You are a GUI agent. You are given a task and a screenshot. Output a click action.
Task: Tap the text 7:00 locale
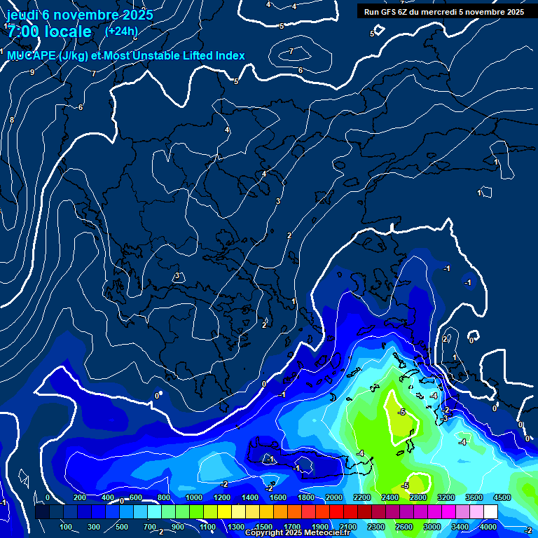tap(50, 32)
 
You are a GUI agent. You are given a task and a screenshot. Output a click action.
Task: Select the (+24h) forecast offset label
tap(121, 31)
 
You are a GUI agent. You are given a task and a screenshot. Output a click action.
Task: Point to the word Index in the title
tap(228, 56)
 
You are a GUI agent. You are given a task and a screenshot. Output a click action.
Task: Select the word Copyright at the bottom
tap(265, 533)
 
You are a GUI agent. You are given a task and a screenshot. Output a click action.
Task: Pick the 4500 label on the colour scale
tap(502, 497)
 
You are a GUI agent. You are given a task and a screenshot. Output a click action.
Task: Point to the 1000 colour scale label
tap(194, 497)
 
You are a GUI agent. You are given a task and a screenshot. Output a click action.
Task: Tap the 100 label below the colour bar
tap(66, 527)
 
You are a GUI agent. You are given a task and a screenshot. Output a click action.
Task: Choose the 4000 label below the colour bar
tap(488, 527)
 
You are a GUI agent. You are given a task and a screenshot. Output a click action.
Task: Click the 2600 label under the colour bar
tap(404, 527)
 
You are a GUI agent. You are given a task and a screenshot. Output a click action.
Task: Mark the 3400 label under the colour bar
tap(460, 527)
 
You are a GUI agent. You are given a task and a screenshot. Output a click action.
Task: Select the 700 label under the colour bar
tap(150, 527)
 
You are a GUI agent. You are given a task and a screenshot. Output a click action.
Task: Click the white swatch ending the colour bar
tap(502, 512)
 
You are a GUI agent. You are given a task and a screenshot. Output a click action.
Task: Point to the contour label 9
tap(32, 72)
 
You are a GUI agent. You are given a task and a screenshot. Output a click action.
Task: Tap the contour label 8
tap(11, 120)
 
